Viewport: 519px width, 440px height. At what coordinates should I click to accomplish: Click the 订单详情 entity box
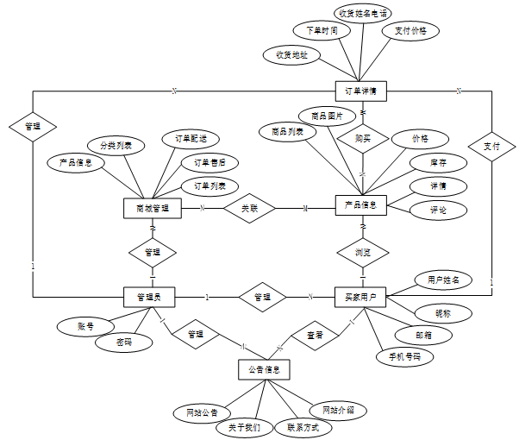[x=360, y=91]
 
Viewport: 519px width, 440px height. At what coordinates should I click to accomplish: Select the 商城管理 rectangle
[x=152, y=208]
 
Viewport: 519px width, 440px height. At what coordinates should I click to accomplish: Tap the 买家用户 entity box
[x=360, y=297]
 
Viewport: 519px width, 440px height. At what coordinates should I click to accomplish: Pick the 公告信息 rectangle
[x=263, y=369]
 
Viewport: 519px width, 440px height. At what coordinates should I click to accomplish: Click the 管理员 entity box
[x=151, y=297]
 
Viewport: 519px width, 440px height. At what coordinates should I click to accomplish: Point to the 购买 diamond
[x=362, y=137]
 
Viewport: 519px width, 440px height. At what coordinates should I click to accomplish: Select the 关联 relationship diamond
[x=249, y=208]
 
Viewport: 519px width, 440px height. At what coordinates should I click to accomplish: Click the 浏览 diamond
[x=362, y=253]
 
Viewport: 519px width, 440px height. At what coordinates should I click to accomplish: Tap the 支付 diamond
[x=491, y=146]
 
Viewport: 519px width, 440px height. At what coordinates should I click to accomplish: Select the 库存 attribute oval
[x=438, y=163]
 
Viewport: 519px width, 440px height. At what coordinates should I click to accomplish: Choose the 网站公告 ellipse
[x=201, y=412]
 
